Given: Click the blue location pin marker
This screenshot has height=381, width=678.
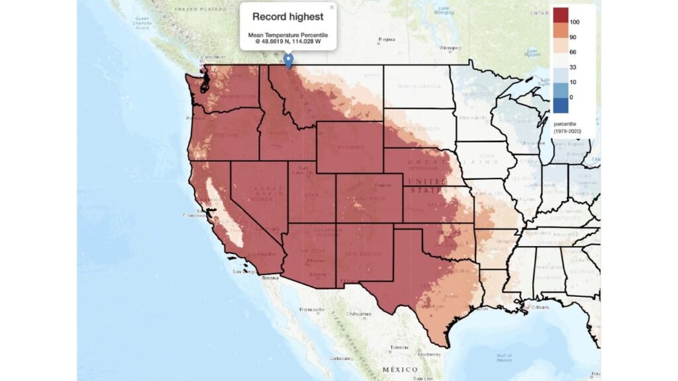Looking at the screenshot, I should [x=288, y=60].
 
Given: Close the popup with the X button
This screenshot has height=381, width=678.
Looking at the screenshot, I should [x=332, y=7].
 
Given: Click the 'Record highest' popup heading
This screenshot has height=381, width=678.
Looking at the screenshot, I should [x=287, y=17].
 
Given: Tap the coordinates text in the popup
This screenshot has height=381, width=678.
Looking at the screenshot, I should [x=288, y=41].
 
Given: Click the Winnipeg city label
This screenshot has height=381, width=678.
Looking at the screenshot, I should [x=450, y=47].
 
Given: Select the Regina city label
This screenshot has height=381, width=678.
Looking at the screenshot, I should [x=386, y=39].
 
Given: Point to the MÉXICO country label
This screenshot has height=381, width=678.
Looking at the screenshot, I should [x=399, y=368].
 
